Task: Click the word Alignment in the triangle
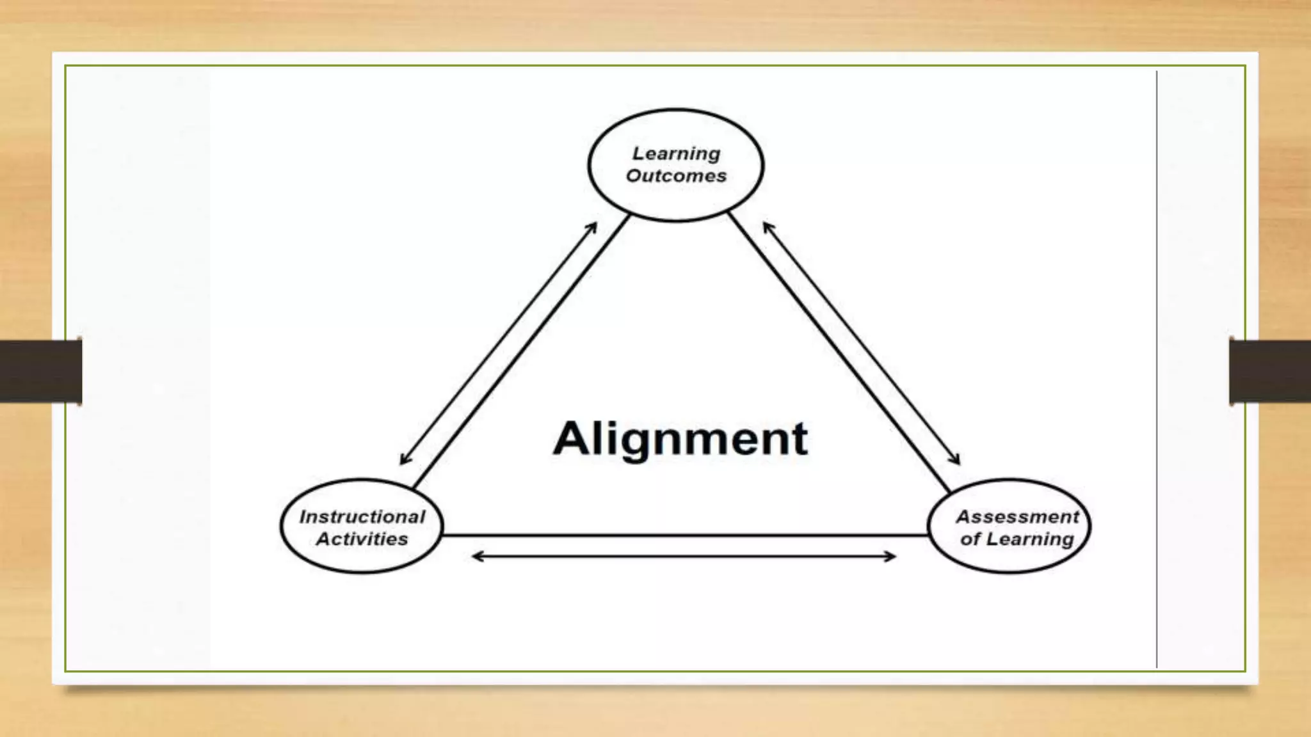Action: (x=680, y=440)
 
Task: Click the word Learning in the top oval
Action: (x=676, y=154)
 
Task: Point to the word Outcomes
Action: (x=676, y=176)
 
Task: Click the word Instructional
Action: (x=362, y=517)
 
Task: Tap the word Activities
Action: (x=362, y=539)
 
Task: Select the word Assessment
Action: (x=1017, y=517)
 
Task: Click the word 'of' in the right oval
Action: (x=969, y=539)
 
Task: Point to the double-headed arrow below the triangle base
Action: (x=684, y=557)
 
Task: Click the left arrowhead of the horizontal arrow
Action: (x=476, y=557)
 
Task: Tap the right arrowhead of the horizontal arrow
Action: (x=891, y=557)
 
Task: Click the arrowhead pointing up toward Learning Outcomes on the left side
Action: (x=593, y=226)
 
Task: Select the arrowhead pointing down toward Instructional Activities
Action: (x=404, y=460)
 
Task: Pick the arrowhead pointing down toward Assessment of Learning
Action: (x=956, y=460)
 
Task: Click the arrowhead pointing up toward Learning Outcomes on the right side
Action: (x=767, y=226)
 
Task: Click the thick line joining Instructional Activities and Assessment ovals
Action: (x=684, y=535)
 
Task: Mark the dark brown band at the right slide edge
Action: (x=1270, y=371)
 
